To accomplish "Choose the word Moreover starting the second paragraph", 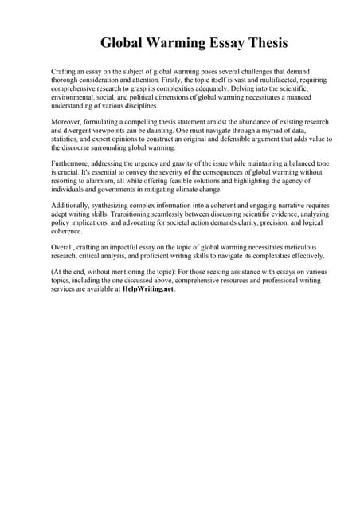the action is pos(67,123).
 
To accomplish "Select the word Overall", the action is pos(63,249).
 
